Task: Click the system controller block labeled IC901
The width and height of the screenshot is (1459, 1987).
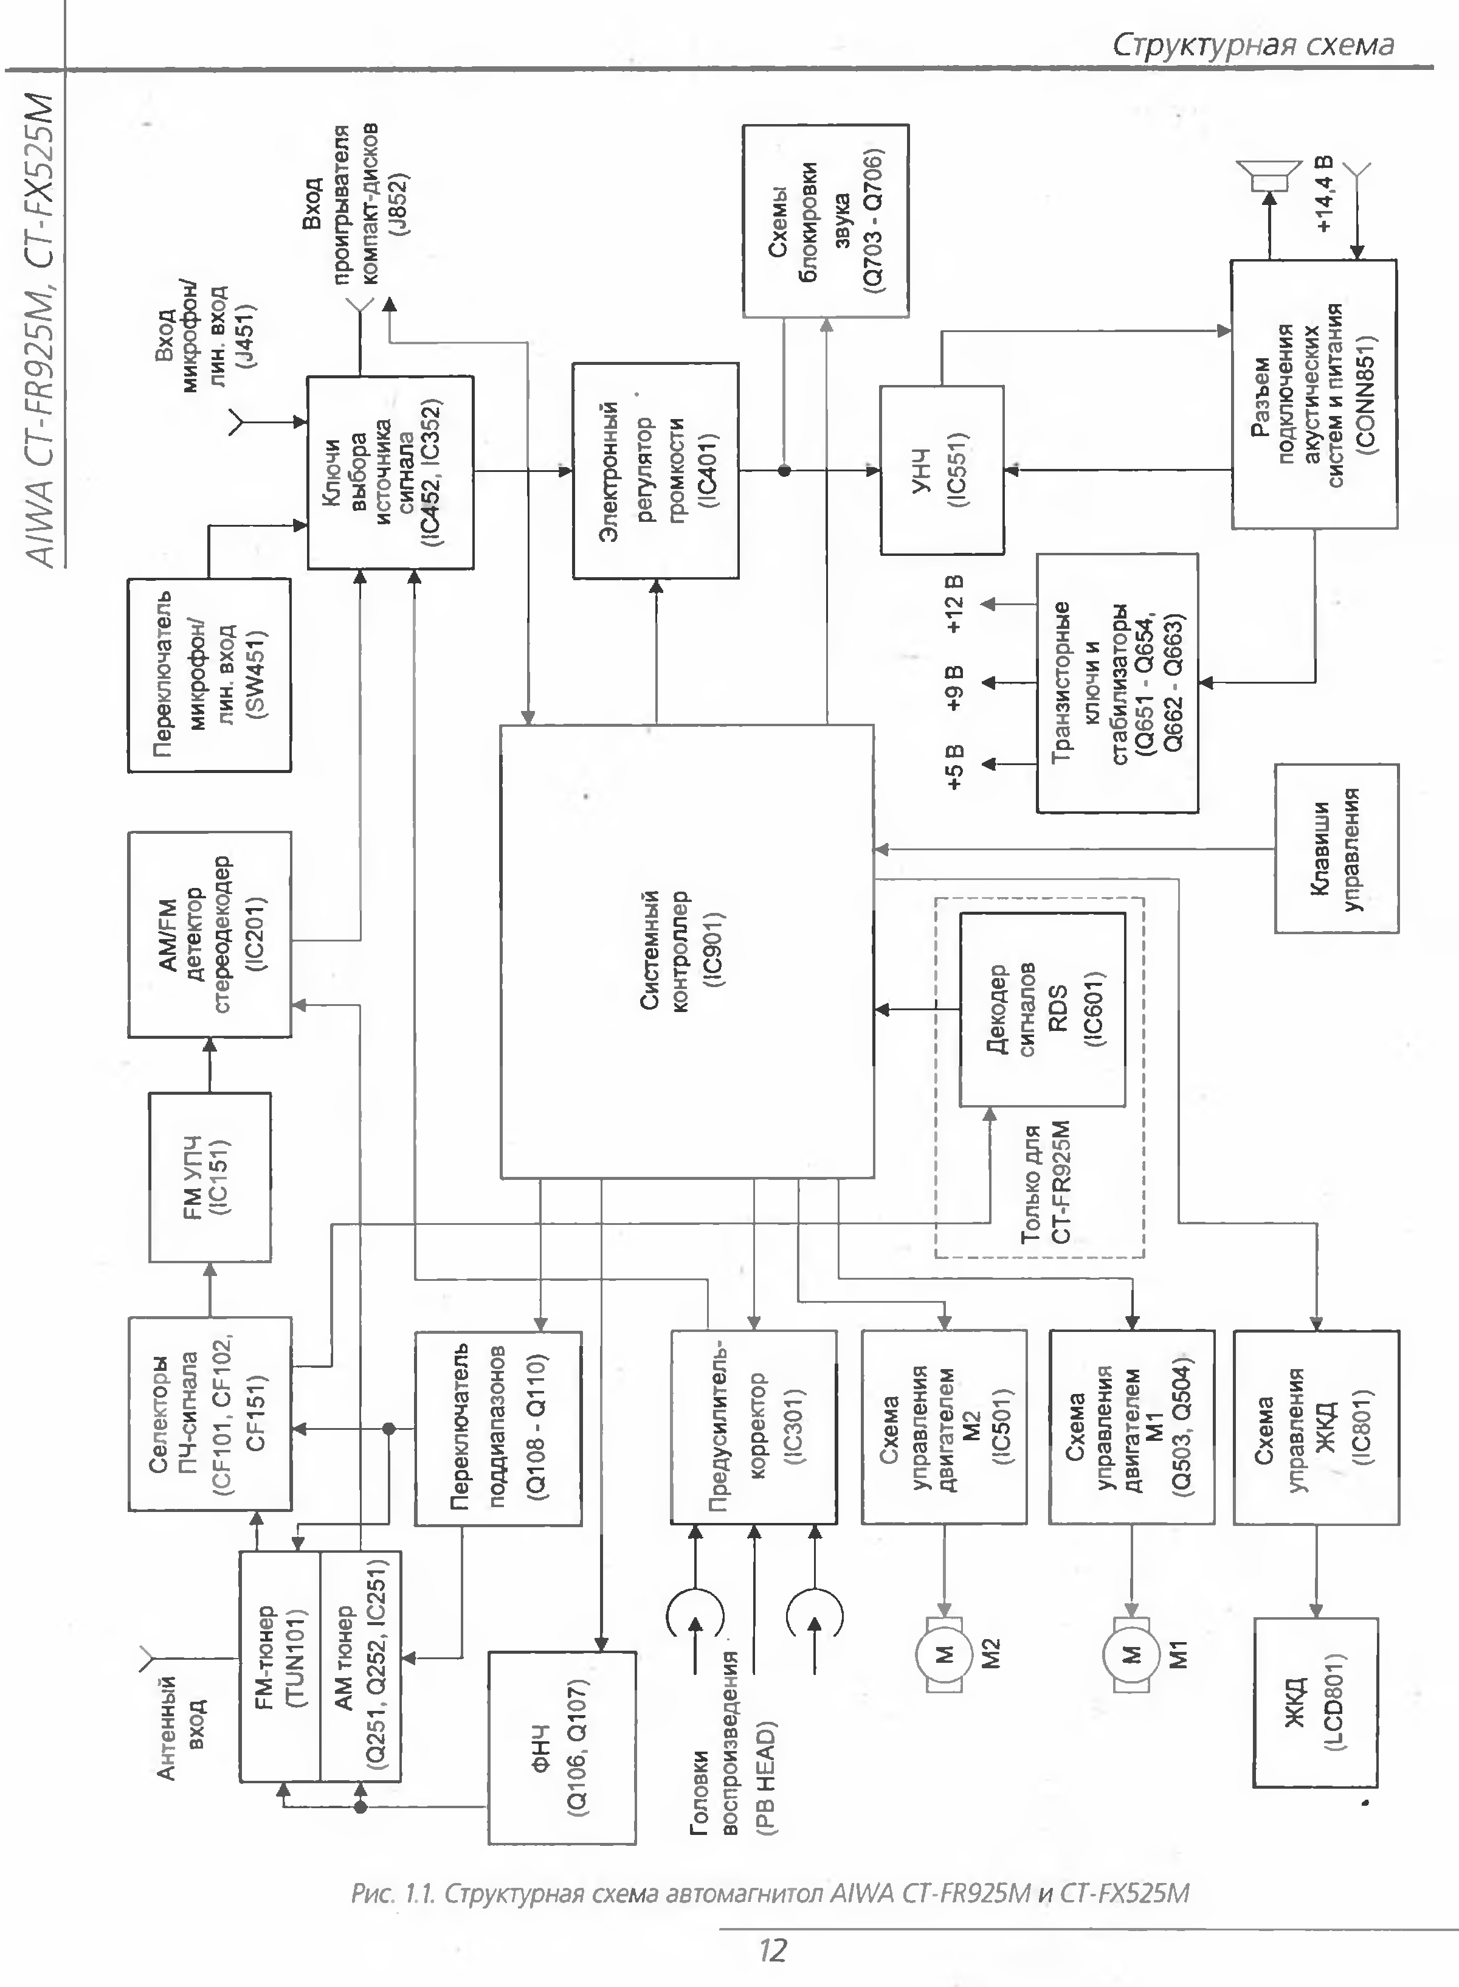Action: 687,951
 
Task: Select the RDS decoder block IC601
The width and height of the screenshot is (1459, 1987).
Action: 1042,1009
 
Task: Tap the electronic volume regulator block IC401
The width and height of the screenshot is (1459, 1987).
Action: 655,470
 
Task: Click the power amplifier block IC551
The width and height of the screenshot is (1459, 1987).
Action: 942,470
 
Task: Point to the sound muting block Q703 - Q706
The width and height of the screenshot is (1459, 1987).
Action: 825,220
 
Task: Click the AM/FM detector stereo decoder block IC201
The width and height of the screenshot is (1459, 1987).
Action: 209,934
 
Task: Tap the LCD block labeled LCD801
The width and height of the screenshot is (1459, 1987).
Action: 1315,1702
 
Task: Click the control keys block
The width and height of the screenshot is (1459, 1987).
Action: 1336,848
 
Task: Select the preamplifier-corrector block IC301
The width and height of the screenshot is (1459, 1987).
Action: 753,1427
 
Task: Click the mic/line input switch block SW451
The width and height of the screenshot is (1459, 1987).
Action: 209,675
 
